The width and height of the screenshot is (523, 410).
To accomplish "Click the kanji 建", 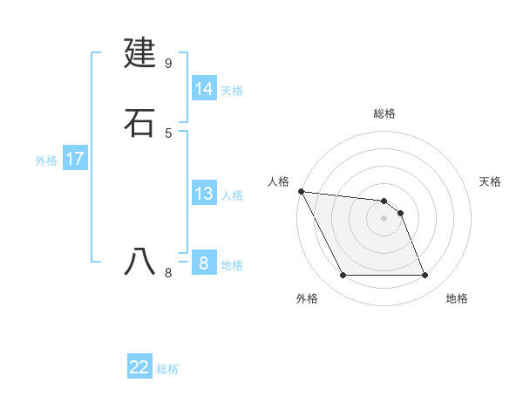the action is coord(140,54).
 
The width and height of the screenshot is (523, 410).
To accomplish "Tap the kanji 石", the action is coord(140,123).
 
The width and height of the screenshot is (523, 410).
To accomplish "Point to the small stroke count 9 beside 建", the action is coord(167,63).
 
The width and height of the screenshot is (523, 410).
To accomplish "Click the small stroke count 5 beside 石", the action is coord(167,133).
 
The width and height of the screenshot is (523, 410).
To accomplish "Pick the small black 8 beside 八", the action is coord(167,273).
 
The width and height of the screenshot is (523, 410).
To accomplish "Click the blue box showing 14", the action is coord(204,89).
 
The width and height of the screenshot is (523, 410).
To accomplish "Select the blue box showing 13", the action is coord(204,194).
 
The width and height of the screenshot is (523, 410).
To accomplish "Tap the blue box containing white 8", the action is coord(204,263).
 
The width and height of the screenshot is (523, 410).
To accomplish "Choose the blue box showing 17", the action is coord(75,159).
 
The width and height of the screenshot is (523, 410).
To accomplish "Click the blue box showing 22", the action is coord(139,367).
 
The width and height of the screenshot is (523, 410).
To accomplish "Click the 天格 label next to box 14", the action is coord(232,91).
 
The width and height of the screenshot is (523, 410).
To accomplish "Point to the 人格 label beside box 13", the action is coord(232,195).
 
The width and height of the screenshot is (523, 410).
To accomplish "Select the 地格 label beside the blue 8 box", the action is coord(232,265).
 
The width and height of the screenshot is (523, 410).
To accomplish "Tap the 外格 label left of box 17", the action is coord(46,161).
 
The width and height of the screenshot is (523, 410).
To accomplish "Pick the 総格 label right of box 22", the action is coord(167,369).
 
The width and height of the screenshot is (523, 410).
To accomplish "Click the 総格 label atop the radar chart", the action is coord(384,113).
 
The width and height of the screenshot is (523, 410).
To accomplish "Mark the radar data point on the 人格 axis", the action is coord(301,191).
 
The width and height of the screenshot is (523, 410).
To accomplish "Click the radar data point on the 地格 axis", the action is coord(425,276).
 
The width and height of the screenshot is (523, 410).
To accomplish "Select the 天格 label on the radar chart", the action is coord(490,181).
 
